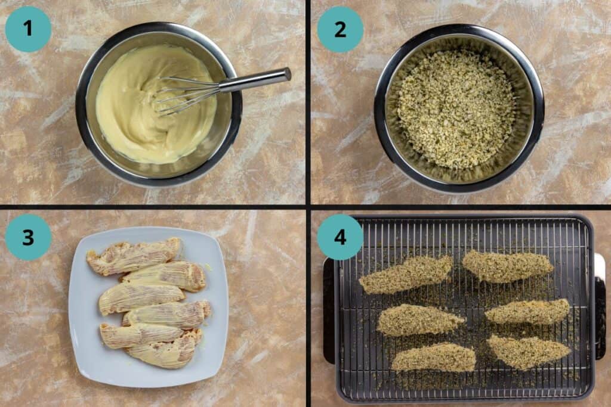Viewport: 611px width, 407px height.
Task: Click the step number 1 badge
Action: point(28,29)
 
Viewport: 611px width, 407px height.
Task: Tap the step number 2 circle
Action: point(340,29)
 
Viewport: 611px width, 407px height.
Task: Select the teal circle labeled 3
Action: point(28,237)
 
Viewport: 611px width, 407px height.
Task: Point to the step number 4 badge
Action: point(340,237)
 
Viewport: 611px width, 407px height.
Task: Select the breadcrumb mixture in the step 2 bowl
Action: point(456,107)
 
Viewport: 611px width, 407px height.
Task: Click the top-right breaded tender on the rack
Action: point(507,265)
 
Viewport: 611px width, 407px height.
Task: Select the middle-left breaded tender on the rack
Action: point(418,320)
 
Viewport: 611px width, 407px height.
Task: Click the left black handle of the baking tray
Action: point(328,310)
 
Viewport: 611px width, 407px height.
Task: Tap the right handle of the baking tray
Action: point(600,307)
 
